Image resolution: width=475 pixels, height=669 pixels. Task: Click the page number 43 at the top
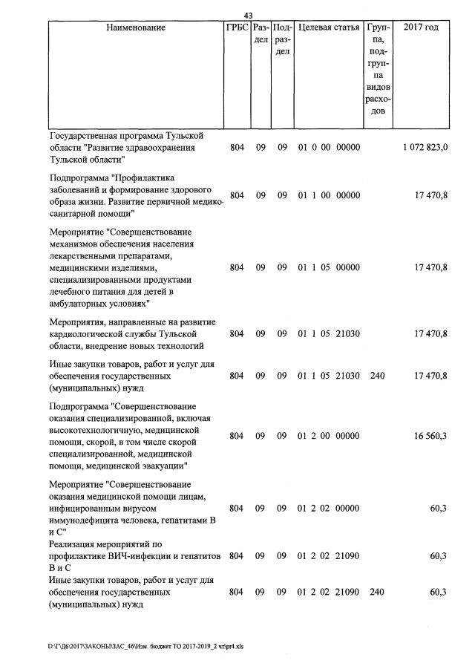tap(248, 16)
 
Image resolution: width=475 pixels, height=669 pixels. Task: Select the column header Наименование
tap(136, 27)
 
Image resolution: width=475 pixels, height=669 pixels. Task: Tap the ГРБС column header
tap(236, 27)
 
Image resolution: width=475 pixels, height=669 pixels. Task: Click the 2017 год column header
tap(420, 27)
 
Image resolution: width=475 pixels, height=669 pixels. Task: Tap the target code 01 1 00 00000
tap(329, 195)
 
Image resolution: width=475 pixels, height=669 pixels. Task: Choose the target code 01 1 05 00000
tap(329, 267)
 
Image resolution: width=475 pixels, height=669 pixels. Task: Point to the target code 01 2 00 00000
tap(329, 436)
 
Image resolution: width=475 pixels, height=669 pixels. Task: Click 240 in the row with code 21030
tap(377, 376)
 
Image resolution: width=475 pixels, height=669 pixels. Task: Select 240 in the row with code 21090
tap(377, 592)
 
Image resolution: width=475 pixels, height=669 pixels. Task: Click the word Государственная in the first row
tap(85, 136)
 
